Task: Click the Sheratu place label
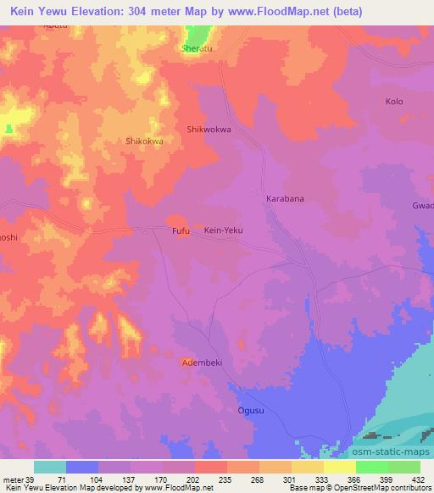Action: (196, 49)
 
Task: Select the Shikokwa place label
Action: (143, 141)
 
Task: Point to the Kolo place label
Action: (393, 102)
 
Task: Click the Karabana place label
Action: (286, 198)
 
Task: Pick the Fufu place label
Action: (181, 230)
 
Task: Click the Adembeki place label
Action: (200, 362)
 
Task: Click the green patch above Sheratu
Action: (197, 35)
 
